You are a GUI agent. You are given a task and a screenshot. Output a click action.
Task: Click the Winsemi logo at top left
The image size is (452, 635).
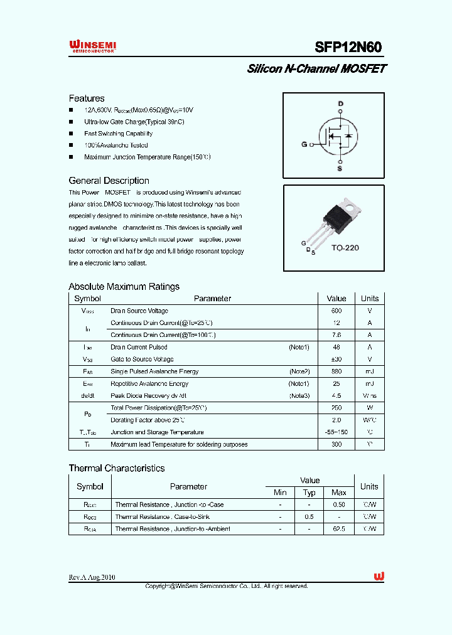(x=92, y=46)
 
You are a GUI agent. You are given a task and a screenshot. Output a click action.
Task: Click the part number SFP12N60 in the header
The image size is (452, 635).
(x=348, y=47)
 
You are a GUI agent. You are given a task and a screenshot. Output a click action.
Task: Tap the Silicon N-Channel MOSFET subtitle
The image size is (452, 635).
(x=316, y=69)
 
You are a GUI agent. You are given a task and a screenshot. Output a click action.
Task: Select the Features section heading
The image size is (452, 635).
(x=87, y=99)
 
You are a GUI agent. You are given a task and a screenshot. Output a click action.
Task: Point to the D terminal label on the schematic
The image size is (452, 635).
(x=341, y=104)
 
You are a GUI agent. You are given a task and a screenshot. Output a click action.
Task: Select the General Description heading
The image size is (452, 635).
(x=109, y=181)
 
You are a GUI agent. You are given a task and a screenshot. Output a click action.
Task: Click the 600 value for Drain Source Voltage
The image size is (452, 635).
(x=336, y=311)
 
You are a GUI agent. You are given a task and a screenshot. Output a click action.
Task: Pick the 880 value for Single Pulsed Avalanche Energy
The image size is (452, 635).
(x=336, y=371)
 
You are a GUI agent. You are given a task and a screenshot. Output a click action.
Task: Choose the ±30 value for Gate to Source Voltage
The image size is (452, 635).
(x=336, y=360)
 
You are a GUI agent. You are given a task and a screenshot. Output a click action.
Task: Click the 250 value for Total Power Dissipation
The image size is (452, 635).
(x=336, y=408)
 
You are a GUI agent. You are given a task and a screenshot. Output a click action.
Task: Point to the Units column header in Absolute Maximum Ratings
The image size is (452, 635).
(x=370, y=299)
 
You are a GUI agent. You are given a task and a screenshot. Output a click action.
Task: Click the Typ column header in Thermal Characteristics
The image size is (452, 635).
(x=309, y=493)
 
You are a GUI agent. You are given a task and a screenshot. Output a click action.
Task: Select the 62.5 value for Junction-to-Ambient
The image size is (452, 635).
(x=339, y=529)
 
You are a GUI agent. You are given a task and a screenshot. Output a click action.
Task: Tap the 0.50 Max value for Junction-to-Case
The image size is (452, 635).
(x=339, y=504)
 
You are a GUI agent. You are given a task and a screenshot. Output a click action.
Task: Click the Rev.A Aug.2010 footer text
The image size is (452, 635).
(x=92, y=577)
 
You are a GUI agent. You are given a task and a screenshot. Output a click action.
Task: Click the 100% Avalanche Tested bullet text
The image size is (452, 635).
(x=116, y=146)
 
